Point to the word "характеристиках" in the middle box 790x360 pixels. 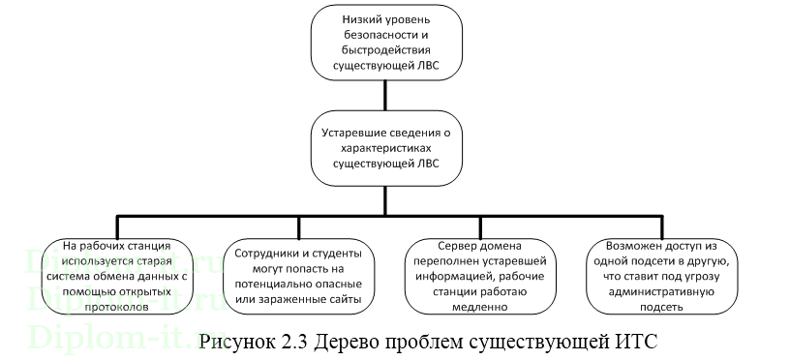tap(385, 147)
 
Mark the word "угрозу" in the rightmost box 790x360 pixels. tap(722, 276)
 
